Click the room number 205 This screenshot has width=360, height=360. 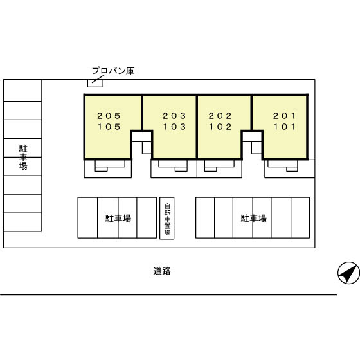point(109,116)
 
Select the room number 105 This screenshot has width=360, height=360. point(109,127)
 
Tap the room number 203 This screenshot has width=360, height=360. point(174,116)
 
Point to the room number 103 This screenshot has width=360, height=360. point(174,127)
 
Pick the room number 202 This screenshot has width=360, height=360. point(220,116)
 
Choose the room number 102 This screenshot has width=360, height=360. point(221,127)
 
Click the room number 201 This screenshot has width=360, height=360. point(284,116)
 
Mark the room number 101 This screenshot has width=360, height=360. point(285,127)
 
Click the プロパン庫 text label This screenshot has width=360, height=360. point(113,71)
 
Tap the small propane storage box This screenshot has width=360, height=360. point(95,84)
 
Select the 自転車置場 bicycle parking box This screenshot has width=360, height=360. point(167,218)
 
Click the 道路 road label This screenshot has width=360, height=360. point(162,271)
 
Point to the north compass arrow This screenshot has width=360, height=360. point(348,273)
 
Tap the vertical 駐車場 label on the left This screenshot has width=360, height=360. point(23,157)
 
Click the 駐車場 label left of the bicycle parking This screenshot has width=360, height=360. point(118,218)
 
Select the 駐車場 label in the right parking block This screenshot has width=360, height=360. point(254,218)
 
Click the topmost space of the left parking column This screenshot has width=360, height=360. point(22,91)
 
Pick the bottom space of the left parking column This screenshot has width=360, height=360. point(22,222)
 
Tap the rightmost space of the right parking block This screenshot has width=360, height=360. point(300,218)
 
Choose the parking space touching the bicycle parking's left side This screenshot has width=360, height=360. point(147,218)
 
